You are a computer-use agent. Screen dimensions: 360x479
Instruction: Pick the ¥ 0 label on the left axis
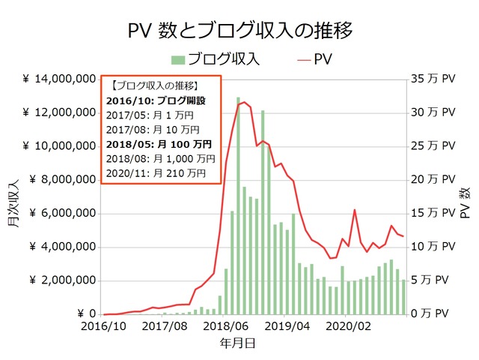[84, 314]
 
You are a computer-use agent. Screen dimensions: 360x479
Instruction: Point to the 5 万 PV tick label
[436, 280]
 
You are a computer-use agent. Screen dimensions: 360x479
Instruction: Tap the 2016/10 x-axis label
[104, 327]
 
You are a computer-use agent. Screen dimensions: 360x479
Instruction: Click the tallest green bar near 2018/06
[238, 206]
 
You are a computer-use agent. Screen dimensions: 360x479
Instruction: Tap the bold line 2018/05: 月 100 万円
[160, 143]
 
